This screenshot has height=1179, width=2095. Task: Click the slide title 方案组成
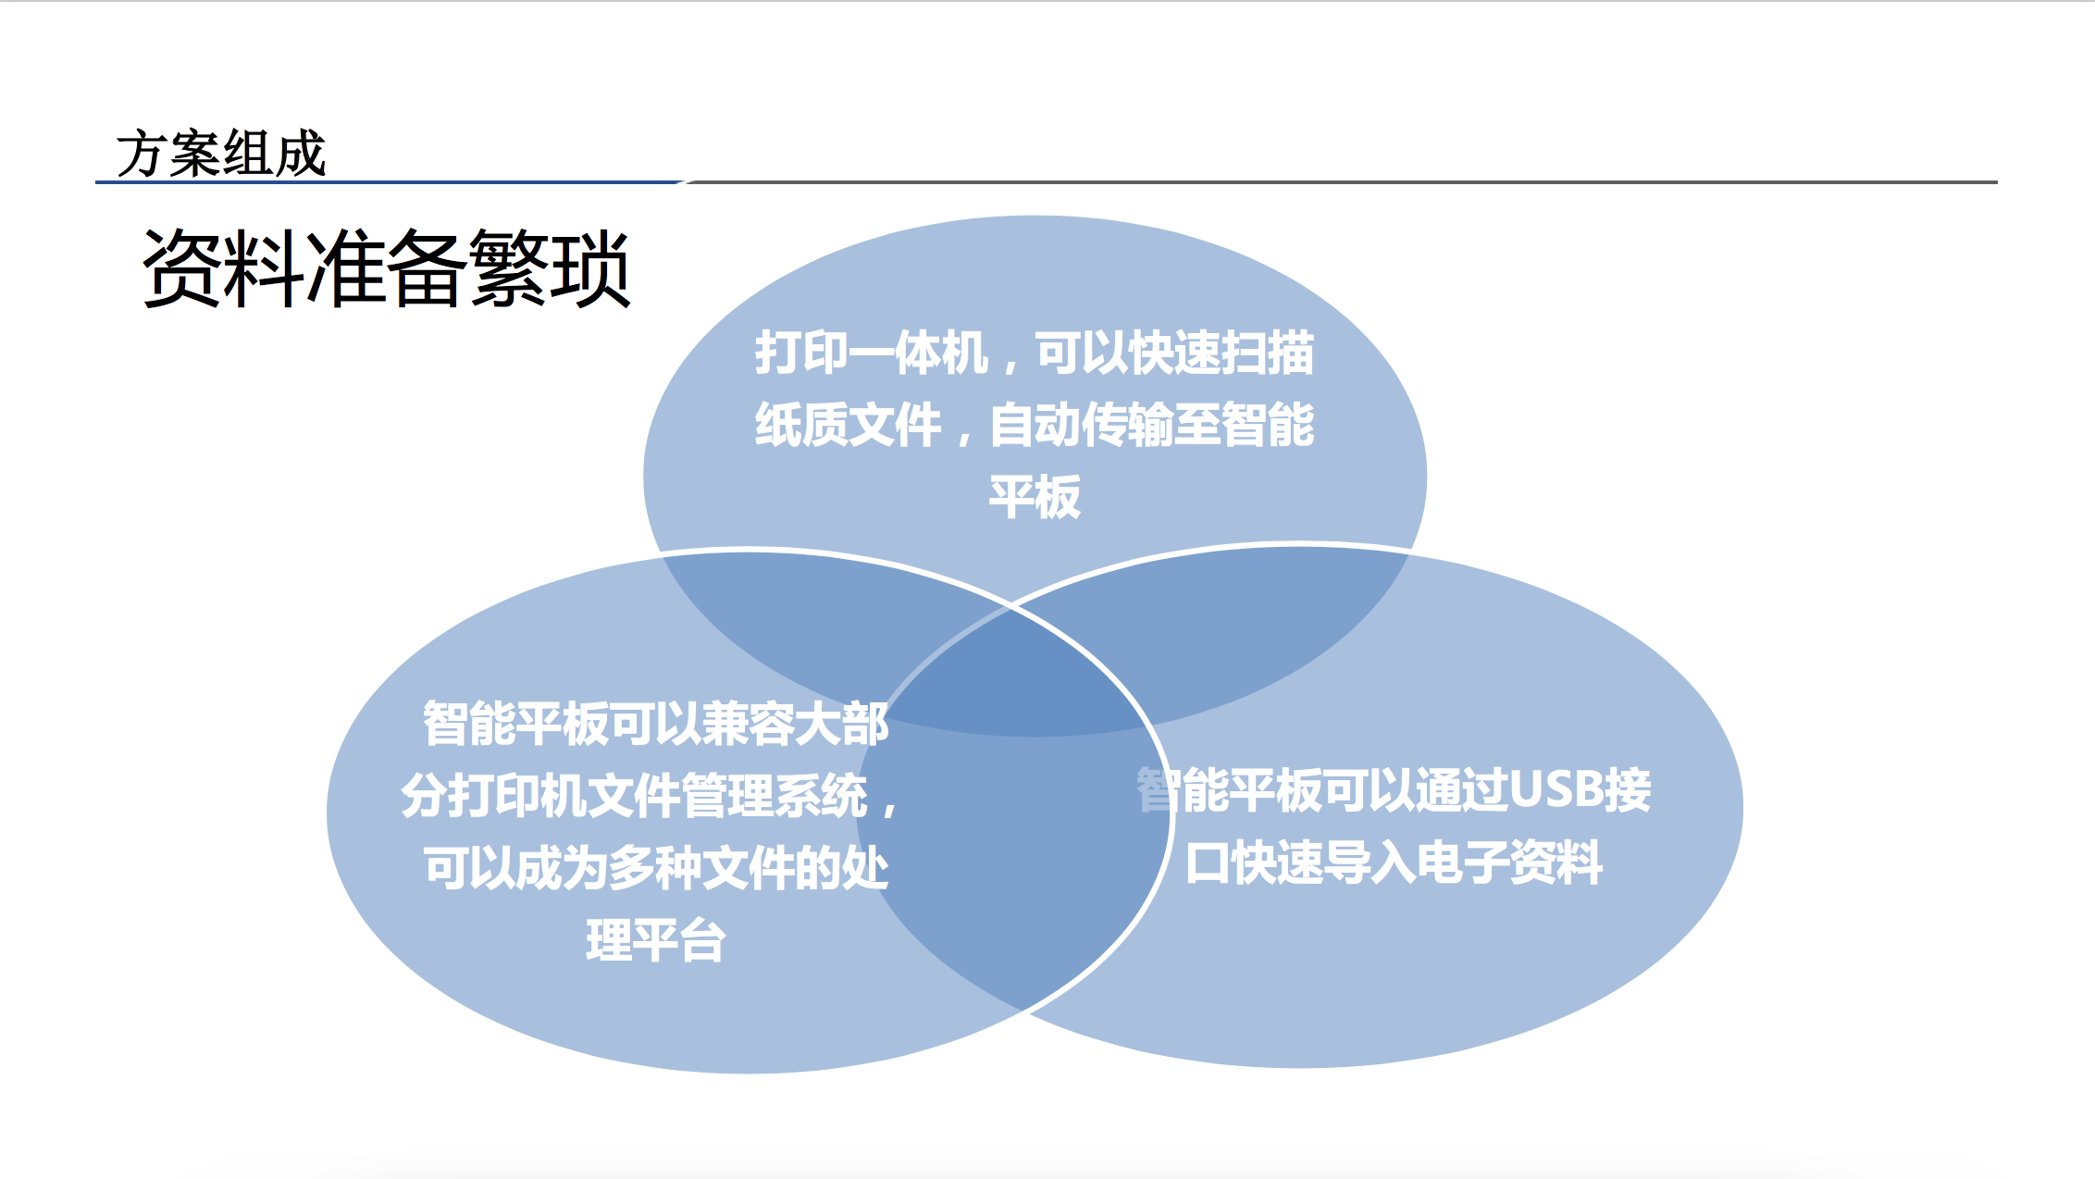click(x=221, y=153)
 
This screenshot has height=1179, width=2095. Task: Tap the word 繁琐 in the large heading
click(x=551, y=268)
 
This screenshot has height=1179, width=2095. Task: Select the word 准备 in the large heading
click(x=388, y=268)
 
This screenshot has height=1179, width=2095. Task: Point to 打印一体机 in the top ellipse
click(x=872, y=353)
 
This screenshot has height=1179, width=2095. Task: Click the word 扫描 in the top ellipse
click(x=1268, y=353)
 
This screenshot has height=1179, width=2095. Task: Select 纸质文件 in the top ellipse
click(x=848, y=425)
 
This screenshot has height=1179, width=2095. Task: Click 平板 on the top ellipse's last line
click(x=1035, y=497)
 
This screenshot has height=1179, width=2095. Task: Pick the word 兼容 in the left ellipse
click(x=749, y=723)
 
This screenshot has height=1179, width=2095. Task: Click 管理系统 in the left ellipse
click(x=774, y=795)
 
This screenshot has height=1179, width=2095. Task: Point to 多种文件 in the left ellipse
click(x=702, y=867)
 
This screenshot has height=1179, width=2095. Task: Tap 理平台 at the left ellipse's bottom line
click(x=655, y=939)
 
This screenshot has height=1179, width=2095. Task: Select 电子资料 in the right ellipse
click(x=1510, y=863)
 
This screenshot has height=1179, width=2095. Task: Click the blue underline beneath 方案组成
click(x=389, y=182)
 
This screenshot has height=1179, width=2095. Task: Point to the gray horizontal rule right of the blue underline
click(x=1341, y=182)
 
